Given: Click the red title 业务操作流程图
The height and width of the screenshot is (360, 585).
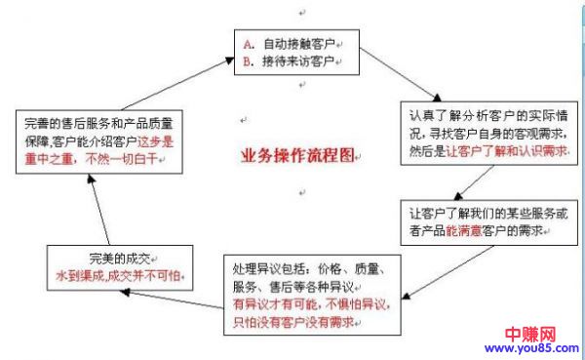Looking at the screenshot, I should [x=298, y=156].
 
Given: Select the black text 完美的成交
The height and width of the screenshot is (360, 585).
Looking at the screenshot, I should [x=121, y=259].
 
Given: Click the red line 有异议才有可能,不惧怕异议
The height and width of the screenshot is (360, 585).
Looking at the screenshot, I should [x=307, y=302].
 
